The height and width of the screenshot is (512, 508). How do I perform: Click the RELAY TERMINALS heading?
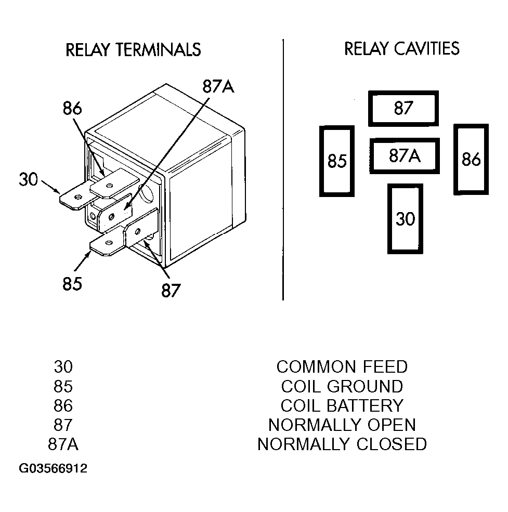133,50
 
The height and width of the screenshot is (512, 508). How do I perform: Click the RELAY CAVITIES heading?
402,49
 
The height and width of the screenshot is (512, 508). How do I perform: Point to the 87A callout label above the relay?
218,87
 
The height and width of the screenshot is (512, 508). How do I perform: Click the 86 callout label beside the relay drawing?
72,108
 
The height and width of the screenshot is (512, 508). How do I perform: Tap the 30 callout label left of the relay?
29,180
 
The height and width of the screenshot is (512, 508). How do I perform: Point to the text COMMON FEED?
342,366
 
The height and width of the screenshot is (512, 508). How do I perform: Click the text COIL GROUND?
342,386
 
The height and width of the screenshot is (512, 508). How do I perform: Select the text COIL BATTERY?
342,405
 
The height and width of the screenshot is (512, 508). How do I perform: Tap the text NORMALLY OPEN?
342,425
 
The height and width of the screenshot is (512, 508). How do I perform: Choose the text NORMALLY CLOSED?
342,444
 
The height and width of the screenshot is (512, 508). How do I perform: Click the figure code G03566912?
53,468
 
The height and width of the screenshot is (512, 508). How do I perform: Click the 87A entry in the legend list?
63,444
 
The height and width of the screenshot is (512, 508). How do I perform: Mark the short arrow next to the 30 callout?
50,187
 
